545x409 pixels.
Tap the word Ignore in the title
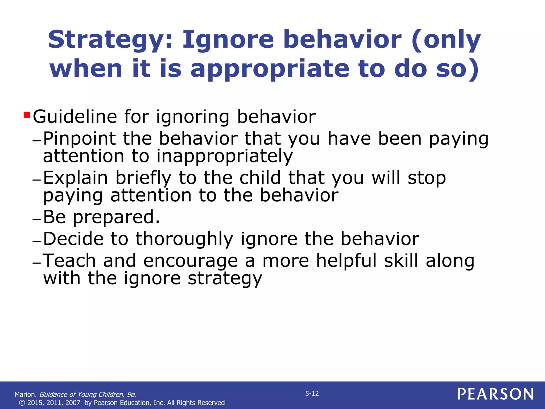[228, 40]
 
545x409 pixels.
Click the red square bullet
[27, 115]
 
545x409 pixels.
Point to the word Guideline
[75, 117]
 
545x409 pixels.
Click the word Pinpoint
[79, 139]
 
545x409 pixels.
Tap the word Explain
[75, 178]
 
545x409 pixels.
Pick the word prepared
[116, 217]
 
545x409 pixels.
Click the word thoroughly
[184, 239]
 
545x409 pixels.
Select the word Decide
[73, 239]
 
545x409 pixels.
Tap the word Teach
[69, 261]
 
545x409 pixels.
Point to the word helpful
[346, 261]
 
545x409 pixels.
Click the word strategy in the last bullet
[225, 279]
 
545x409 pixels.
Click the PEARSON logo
[496, 394]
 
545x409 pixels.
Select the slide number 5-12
[312, 394]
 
